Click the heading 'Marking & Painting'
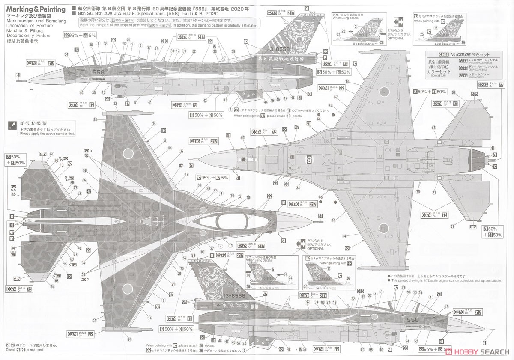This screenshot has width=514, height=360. (x=36, y=9)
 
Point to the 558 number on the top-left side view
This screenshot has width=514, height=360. (x=98, y=72)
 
